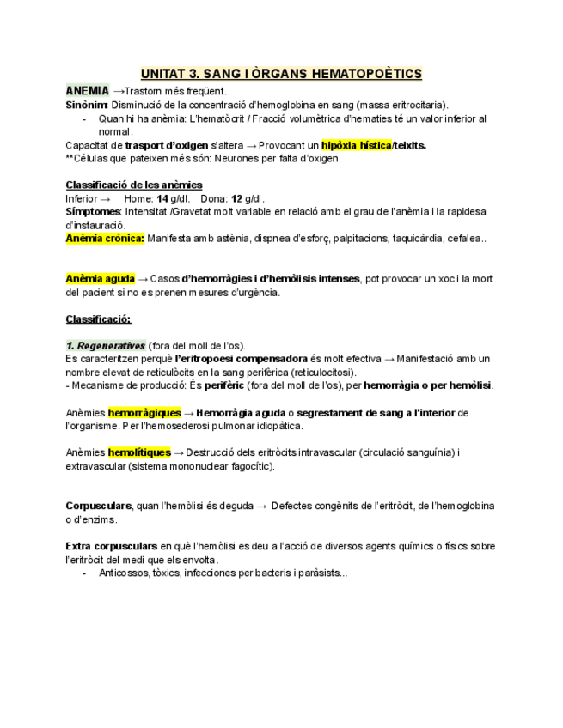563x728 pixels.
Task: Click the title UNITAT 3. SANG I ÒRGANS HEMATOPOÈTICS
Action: (x=281, y=74)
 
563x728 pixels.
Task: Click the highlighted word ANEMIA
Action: (x=88, y=91)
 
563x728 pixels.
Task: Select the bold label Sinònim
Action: (x=87, y=105)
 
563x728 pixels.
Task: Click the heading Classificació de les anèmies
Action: (x=134, y=185)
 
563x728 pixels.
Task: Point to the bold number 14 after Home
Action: (x=162, y=198)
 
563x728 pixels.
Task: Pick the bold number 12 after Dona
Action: (x=237, y=198)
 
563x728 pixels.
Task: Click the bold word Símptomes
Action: (x=94, y=211)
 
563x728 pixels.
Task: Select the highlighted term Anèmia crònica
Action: (x=105, y=239)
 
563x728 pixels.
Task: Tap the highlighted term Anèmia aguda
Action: (x=101, y=279)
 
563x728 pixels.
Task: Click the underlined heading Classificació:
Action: (x=98, y=319)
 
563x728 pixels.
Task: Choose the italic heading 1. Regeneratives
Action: (x=106, y=345)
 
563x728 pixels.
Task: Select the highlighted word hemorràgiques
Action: (x=144, y=413)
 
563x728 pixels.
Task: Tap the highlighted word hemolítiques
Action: (x=139, y=452)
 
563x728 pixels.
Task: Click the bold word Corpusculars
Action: (x=99, y=506)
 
